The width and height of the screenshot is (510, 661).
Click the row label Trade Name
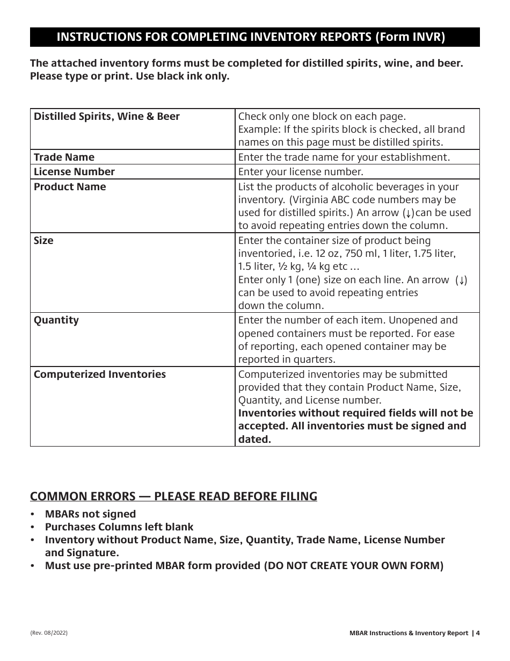point(64,157)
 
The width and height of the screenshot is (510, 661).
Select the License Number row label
point(74,171)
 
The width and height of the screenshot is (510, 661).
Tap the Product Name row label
point(70,186)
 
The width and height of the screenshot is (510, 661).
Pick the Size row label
point(43,240)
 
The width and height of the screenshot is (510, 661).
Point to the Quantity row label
point(56,320)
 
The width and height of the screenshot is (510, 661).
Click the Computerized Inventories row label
point(100,374)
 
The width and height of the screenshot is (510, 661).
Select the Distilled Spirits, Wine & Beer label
point(107,116)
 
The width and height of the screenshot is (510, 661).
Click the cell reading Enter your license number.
point(301,172)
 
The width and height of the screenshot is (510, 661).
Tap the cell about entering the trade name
point(344,157)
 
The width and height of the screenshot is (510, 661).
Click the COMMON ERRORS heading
point(173,495)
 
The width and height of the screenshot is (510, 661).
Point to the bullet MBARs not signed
point(90,514)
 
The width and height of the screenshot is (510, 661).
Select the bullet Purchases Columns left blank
point(119,527)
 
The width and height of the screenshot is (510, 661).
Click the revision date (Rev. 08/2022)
point(49,633)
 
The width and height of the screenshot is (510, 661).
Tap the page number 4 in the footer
point(477,633)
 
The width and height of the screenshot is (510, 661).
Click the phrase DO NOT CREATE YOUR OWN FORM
point(354,565)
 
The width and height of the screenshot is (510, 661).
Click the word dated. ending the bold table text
point(254,439)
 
